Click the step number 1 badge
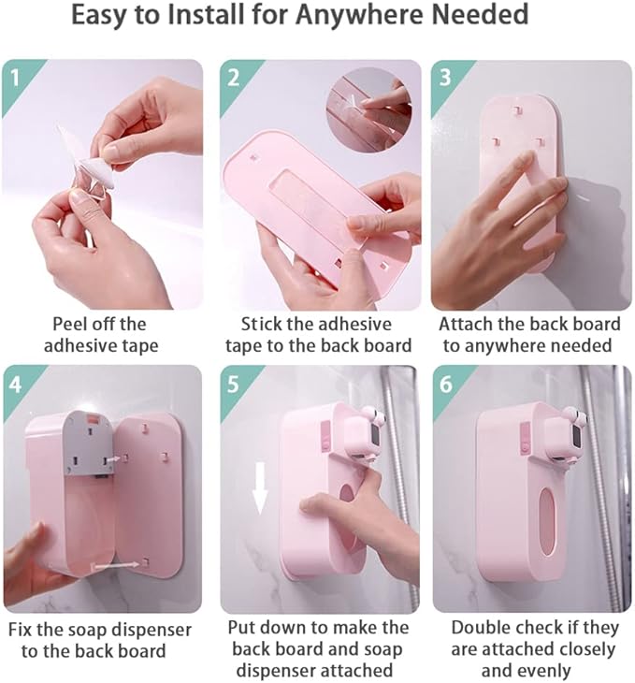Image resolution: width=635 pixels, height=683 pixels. [16, 74]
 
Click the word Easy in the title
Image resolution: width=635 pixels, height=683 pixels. [106, 16]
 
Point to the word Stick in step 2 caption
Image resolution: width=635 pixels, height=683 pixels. [264, 325]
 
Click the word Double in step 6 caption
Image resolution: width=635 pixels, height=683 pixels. [483, 627]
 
